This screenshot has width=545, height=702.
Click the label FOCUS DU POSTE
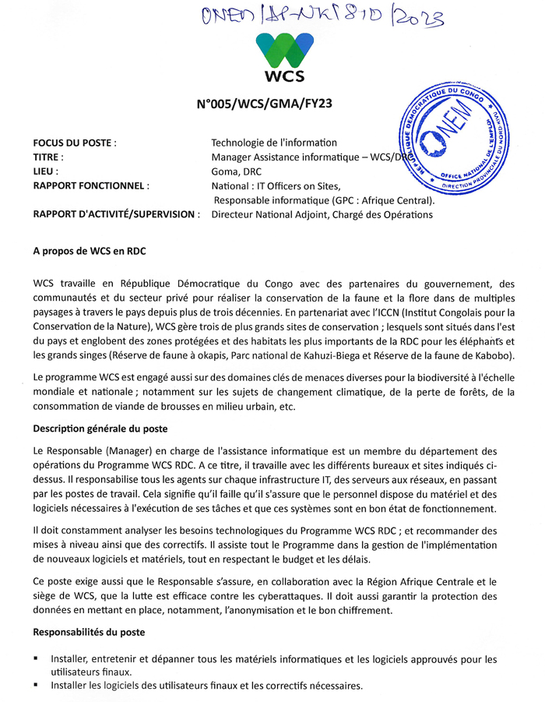pyautogui.click(x=75, y=143)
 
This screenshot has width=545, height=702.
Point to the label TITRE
pyautogui.click(x=51, y=157)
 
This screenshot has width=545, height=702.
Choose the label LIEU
pyautogui.click(x=47, y=171)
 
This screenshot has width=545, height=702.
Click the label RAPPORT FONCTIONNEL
pyautogui.click(x=91, y=186)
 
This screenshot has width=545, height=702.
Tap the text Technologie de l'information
pyautogui.click(x=274, y=143)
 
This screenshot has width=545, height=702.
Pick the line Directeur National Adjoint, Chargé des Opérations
pyautogui.click(x=322, y=214)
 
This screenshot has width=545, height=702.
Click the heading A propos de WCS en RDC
pyautogui.click(x=90, y=252)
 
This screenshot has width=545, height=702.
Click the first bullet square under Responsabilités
pyautogui.click(x=36, y=658)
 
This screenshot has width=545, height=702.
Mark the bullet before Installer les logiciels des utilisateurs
pyautogui.click(x=36, y=685)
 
